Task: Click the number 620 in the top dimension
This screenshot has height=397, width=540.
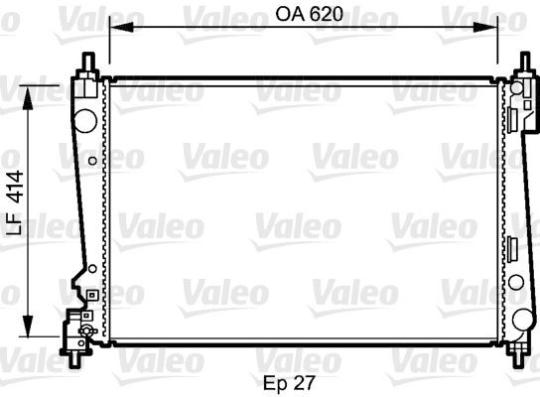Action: coord(319,15)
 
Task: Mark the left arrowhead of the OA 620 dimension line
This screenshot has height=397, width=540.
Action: coord(114,31)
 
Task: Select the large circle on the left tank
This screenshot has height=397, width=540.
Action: coord(86,121)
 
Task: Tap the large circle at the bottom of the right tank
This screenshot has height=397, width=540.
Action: coord(523,320)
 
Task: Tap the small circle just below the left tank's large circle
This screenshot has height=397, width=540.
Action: coord(92,159)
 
